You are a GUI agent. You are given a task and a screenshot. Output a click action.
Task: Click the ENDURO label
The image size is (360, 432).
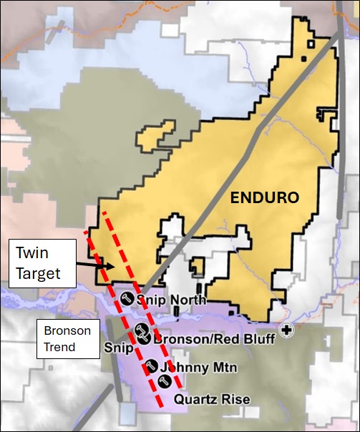[x=265, y=197]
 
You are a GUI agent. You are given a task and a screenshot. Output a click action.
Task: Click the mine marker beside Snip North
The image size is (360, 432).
[x=127, y=299]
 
